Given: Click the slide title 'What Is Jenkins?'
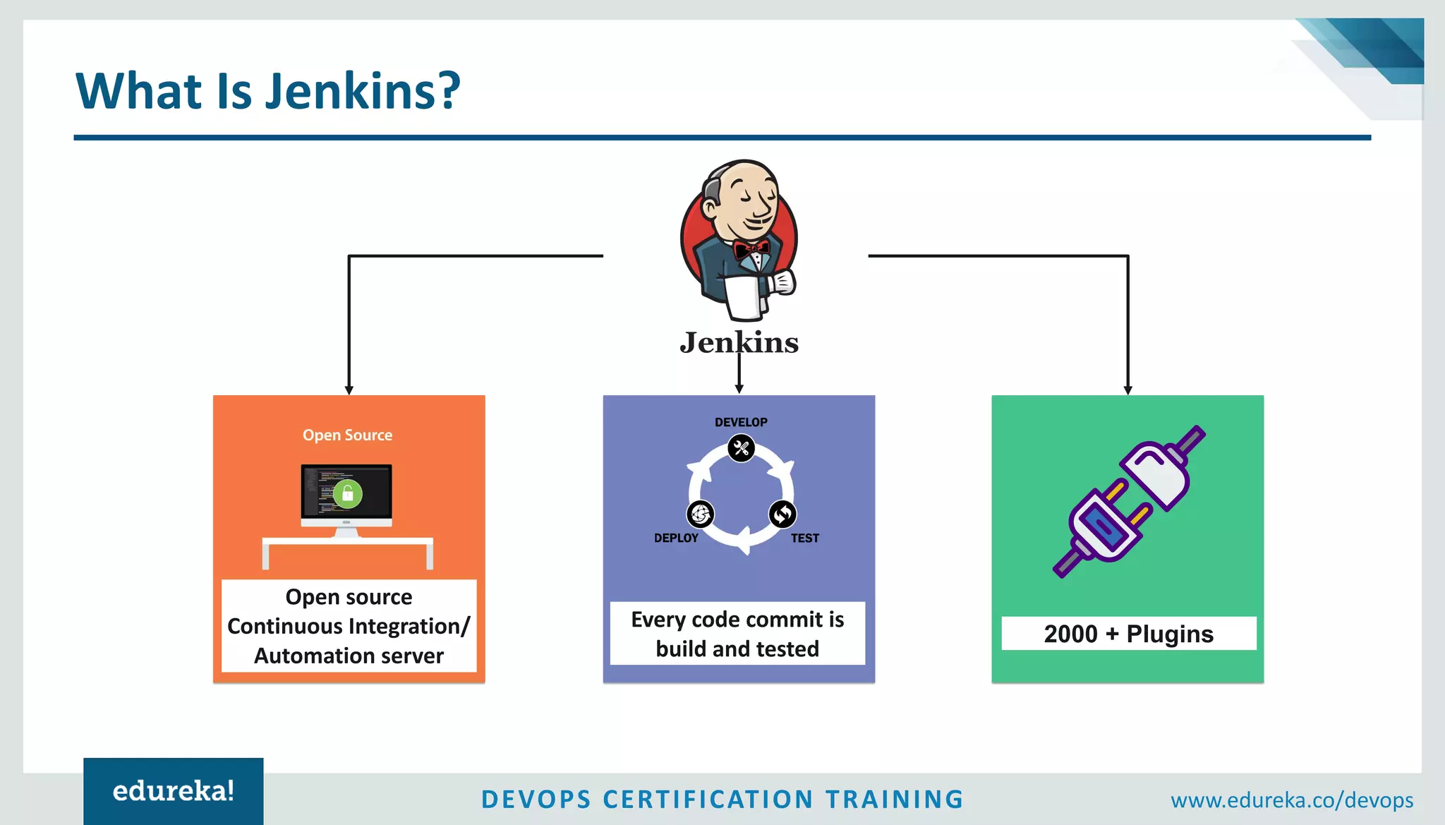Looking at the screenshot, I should click(268, 91).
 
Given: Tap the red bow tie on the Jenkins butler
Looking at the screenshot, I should click(751, 248).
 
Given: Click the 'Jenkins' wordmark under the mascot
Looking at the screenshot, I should click(739, 343).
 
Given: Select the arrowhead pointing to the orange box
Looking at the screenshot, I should click(349, 390).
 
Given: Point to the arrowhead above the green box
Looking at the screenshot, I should click(1127, 390).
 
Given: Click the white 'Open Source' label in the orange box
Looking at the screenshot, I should click(347, 435).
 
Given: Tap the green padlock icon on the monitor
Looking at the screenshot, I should click(347, 494).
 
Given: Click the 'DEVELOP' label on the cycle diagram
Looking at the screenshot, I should click(741, 422).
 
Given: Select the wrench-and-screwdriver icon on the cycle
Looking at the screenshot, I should click(741, 448).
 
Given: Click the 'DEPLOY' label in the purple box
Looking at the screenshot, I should click(676, 538).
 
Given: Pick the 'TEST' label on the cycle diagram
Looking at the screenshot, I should click(805, 538).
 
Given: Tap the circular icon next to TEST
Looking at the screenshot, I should click(782, 514).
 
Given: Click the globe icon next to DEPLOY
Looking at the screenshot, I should click(700, 514).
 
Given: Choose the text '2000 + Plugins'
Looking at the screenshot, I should click(1128, 634).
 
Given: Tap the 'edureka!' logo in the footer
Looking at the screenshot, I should click(174, 791).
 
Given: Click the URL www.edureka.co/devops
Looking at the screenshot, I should click(1291, 800).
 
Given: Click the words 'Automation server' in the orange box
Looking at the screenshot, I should click(349, 656).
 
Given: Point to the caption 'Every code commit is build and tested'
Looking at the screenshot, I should click(737, 634).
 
